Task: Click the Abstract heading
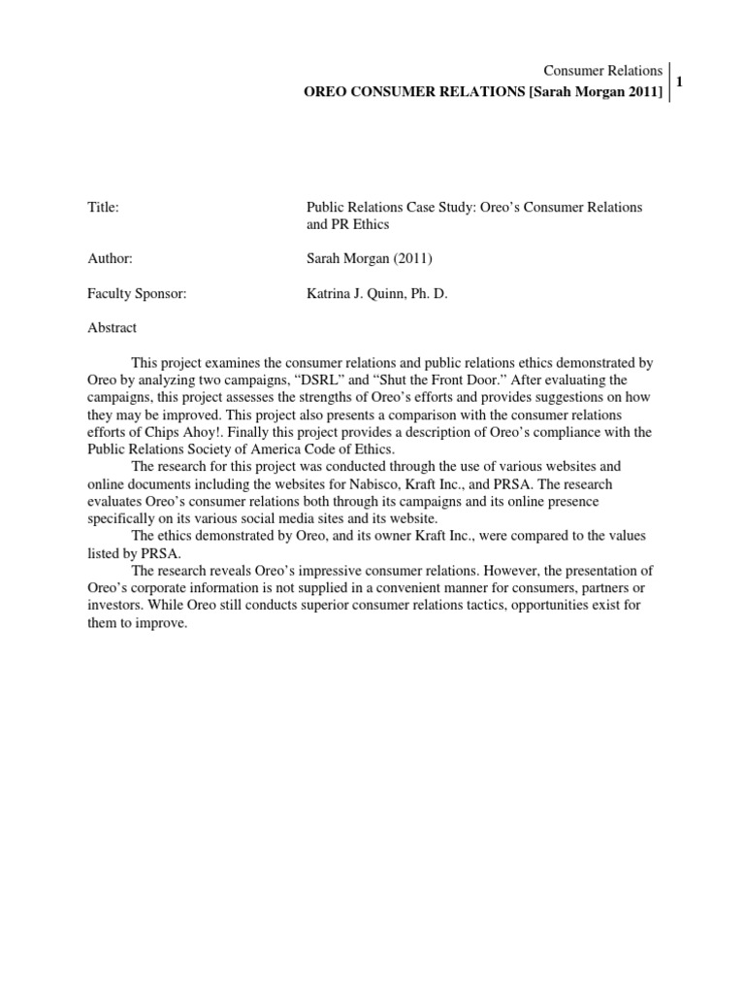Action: [112, 328]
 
